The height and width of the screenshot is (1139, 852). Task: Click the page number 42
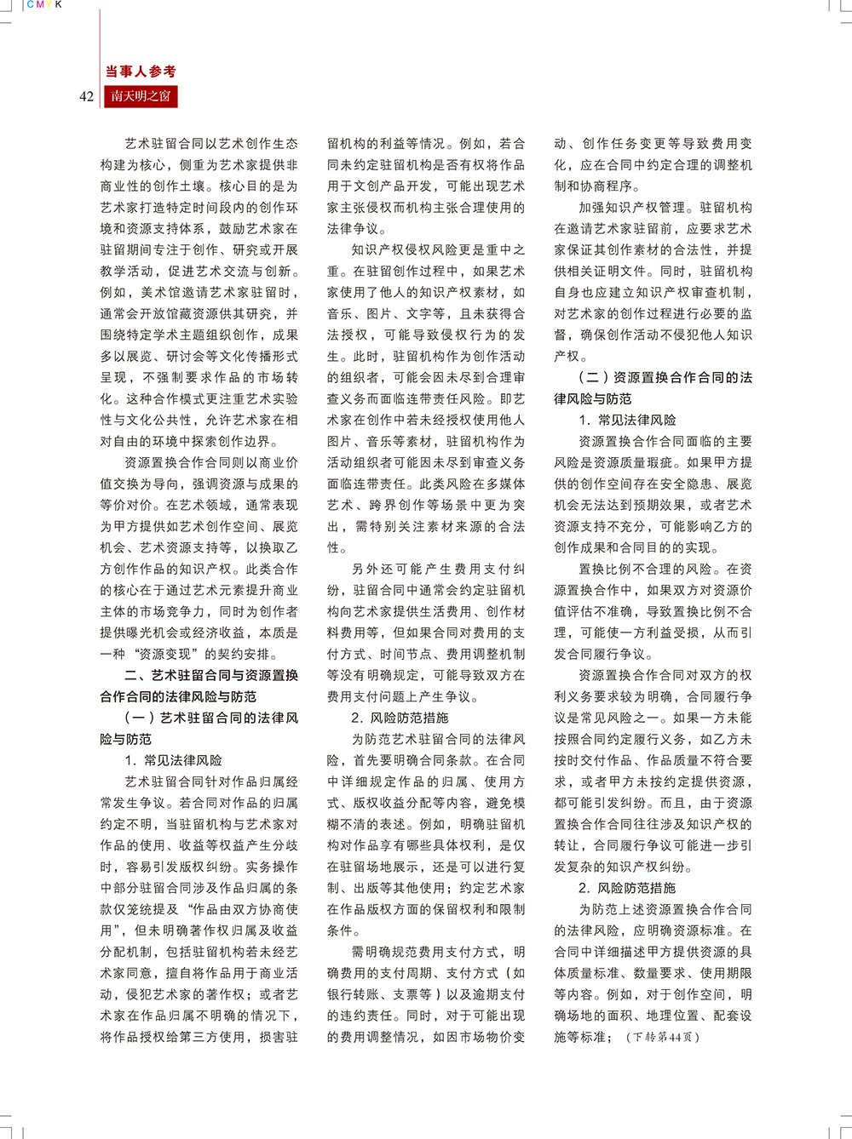pos(86,96)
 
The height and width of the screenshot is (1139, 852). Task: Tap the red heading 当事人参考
pos(141,72)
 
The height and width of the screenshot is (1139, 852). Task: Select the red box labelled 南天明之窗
pos(141,96)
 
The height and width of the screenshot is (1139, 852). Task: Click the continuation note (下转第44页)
pos(662,1037)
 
